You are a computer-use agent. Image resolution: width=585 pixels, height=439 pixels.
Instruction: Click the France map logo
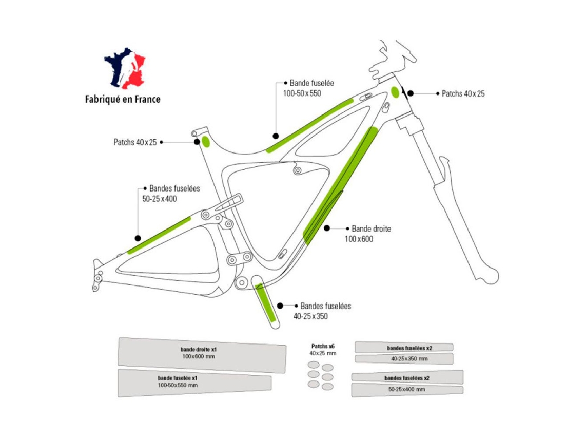[124, 68]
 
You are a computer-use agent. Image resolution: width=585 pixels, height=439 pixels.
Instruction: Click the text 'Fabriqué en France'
[123, 99]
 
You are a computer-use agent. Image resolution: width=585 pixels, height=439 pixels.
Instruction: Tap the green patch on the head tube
[395, 92]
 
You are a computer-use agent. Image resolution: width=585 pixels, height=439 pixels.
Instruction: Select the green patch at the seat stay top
[206, 142]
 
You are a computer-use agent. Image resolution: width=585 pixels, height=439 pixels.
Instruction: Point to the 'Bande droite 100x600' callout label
[367, 234]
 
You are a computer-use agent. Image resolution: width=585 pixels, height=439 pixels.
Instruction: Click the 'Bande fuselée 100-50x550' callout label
[308, 88]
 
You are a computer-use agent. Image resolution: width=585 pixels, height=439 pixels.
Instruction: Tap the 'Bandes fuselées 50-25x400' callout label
[171, 194]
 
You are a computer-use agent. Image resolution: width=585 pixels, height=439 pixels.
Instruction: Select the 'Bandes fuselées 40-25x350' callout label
[322, 311]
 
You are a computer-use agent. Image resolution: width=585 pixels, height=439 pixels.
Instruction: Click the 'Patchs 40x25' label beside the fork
[463, 93]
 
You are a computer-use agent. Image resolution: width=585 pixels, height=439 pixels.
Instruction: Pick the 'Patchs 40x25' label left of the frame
[135, 142]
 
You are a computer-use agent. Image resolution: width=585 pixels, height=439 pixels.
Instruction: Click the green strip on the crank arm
[265, 303]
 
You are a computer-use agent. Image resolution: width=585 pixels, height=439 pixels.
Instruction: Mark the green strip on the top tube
[309, 125]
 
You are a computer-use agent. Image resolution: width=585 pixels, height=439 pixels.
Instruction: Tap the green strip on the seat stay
[159, 235]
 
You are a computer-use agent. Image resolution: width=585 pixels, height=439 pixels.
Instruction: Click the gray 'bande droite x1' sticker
[202, 355]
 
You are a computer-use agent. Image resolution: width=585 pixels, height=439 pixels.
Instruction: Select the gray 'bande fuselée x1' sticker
[194, 383]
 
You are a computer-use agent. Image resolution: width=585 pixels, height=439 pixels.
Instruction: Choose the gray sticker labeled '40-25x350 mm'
[404, 359]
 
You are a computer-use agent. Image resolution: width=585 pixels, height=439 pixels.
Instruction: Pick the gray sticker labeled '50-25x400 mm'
[407, 389]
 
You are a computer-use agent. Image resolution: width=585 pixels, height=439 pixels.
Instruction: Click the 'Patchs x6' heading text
[323, 347]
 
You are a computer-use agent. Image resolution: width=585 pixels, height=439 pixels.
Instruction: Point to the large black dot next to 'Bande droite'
[327, 228]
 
